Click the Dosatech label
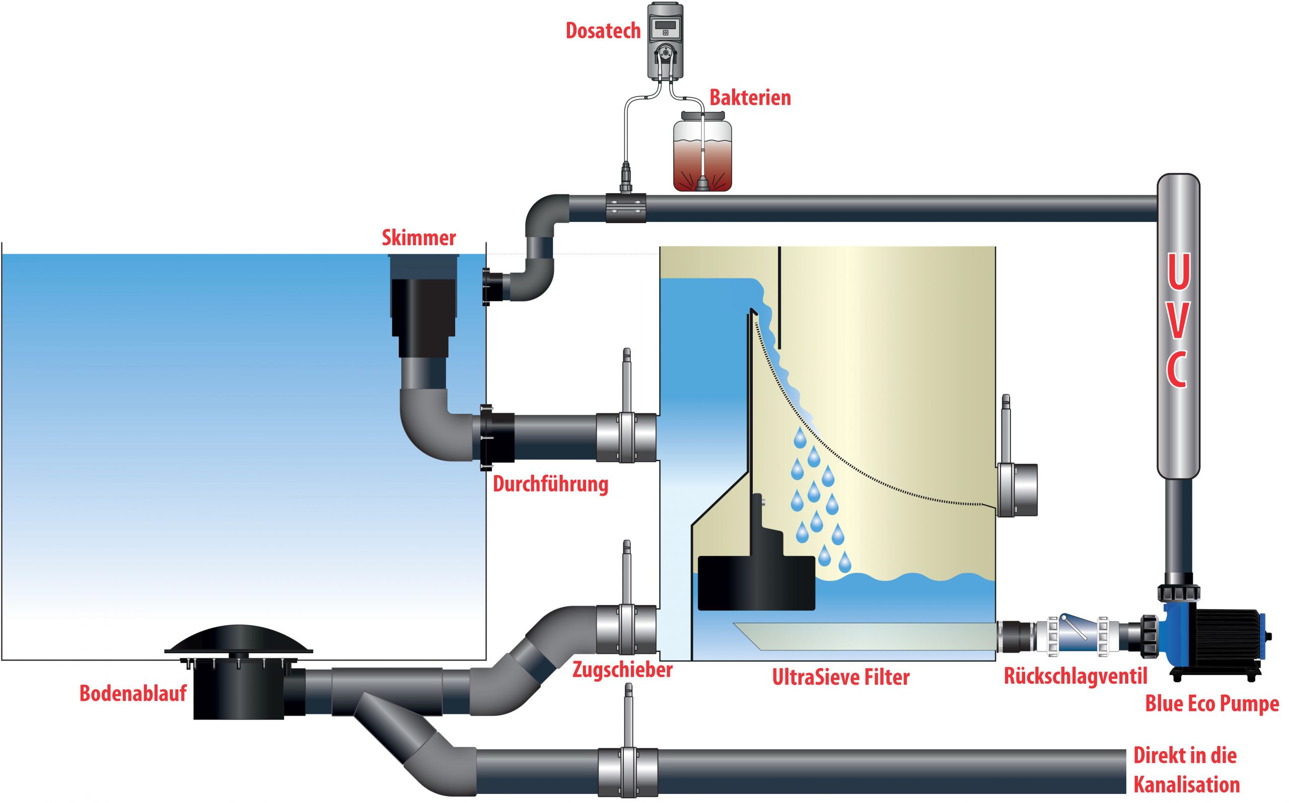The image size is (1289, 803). click(603, 31)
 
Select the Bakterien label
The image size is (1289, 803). click(750, 98)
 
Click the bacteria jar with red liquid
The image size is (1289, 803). click(702, 152)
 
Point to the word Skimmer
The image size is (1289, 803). click(418, 238)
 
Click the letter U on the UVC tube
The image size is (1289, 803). click(1178, 271)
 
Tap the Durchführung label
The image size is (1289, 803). click(550, 484)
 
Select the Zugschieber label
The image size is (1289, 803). click(622, 670)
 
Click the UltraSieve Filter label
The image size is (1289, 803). click(840, 677)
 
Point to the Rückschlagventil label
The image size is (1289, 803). click(1076, 676)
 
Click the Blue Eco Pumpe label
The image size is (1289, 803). click(1211, 704)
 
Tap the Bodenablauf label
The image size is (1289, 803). click(133, 693)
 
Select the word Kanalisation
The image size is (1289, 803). click(1186, 784)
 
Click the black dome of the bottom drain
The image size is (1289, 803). click(239, 639)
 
